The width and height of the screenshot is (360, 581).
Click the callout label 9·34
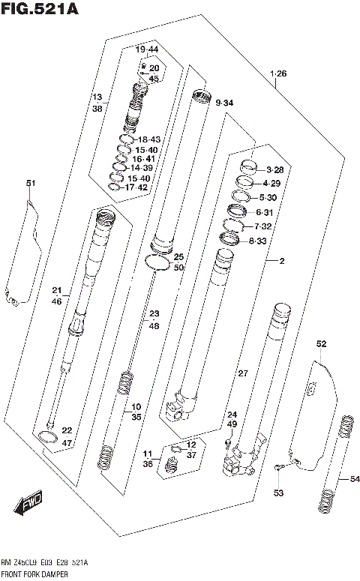point(223,103)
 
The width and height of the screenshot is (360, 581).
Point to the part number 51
point(30,184)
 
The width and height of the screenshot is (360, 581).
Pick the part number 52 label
point(321,344)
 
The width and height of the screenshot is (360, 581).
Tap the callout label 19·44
point(148,49)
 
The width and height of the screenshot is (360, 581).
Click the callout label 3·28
point(274,170)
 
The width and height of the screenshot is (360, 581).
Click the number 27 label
point(242,373)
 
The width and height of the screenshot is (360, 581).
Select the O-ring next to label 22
point(46,438)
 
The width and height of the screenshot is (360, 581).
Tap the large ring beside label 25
point(157,261)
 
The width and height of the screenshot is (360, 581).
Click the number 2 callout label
point(281,261)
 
